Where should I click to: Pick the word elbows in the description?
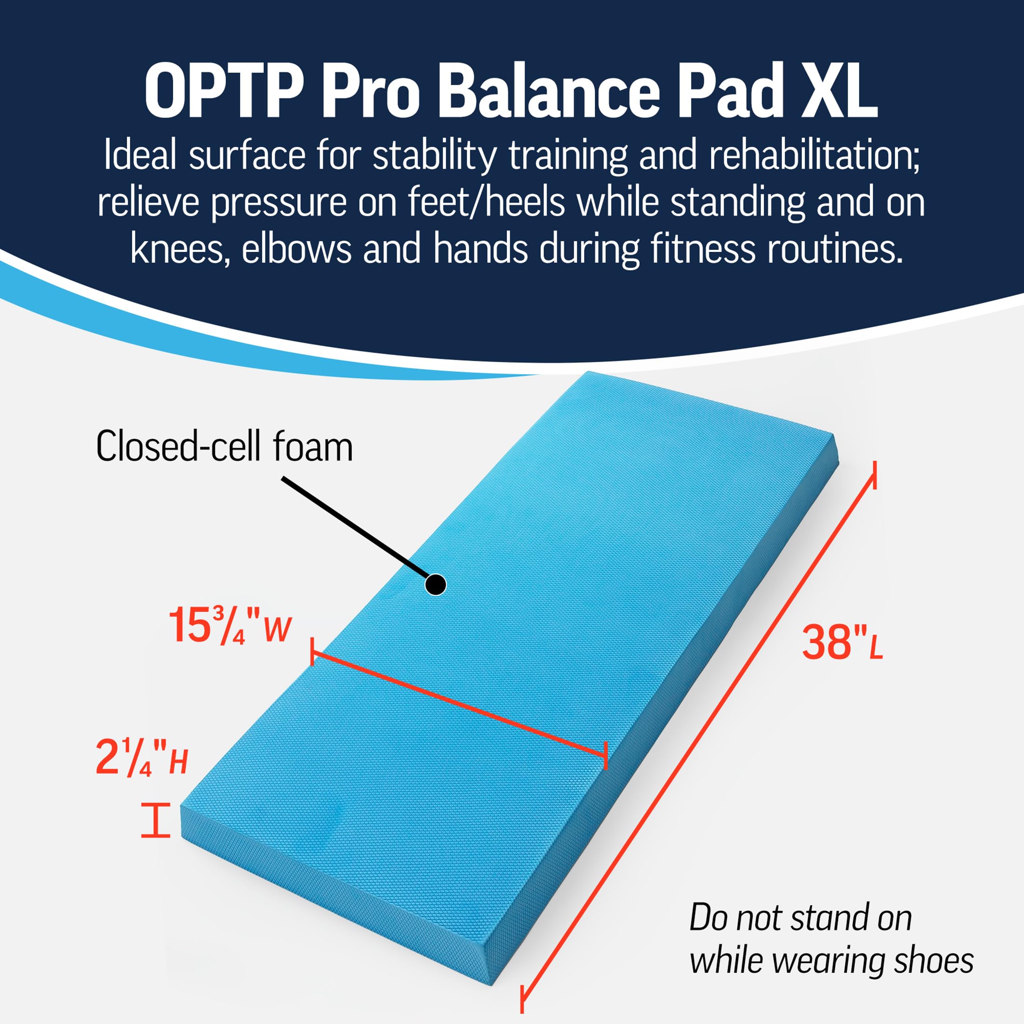click(x=297, y=249)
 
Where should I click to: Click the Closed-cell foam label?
click(x=224, y=446)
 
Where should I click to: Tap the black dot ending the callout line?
click(x=436, y=585)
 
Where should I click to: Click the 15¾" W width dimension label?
click(x=229, y=626)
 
